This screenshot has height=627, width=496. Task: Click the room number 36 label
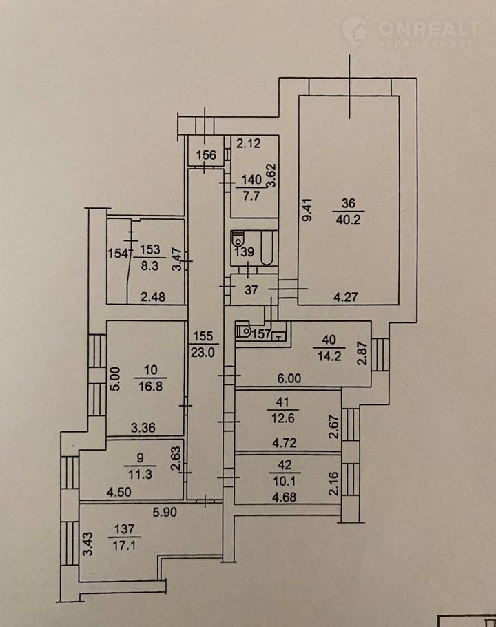[x=348, y=203]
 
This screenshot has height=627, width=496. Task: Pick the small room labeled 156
[x=205, y=155]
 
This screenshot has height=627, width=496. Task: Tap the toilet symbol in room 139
[x=238, y=240]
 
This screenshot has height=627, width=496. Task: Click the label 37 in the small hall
[x=250, y=291]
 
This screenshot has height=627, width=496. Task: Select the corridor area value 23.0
[x=205, y=349]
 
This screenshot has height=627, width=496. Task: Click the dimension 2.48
[x=154, y=298]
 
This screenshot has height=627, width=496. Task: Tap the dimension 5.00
[x=116, y=378]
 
